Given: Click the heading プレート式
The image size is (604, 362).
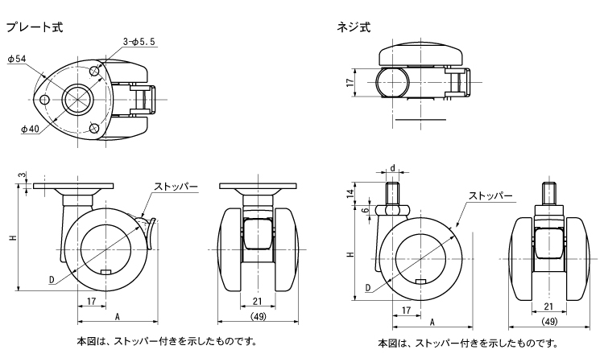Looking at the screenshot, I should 34,27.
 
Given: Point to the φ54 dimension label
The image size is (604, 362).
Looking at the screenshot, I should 19,59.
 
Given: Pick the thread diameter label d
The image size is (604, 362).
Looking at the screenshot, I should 392,168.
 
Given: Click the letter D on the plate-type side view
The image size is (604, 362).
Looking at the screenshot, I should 52,280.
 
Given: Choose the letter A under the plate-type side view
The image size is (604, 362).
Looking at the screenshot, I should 118,316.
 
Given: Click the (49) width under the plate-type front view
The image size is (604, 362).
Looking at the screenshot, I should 259,316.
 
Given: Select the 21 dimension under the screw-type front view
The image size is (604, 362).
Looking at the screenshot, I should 548,306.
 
